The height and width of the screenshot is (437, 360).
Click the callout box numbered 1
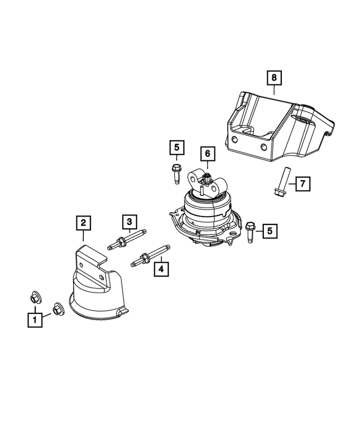point(35,321)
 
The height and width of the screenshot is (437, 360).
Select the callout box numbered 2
point(83,224)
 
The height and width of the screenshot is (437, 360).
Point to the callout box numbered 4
point(161,270)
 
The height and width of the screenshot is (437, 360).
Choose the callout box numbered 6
point(206,153)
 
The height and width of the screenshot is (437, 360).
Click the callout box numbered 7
point(302,183)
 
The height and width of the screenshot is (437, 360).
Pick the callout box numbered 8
point(274,76)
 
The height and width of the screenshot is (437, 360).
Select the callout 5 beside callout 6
point(176,148)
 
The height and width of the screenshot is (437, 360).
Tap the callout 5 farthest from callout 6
point(270,230)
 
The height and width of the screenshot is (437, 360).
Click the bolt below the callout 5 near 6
point(176,171)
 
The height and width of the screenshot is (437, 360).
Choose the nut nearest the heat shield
point(57,309)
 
